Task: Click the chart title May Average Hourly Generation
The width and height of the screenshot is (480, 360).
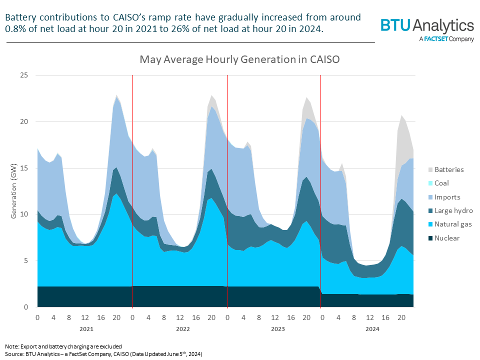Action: click(239, 60)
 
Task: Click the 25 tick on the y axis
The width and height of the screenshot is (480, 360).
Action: click(24, 75)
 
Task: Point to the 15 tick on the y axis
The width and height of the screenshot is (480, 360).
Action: click(24, 168)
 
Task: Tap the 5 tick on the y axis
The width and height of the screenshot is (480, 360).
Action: click(26, 260)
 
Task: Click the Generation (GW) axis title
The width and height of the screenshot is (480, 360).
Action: click(13, 191)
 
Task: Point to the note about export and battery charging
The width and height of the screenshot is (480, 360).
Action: click(63, 346)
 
